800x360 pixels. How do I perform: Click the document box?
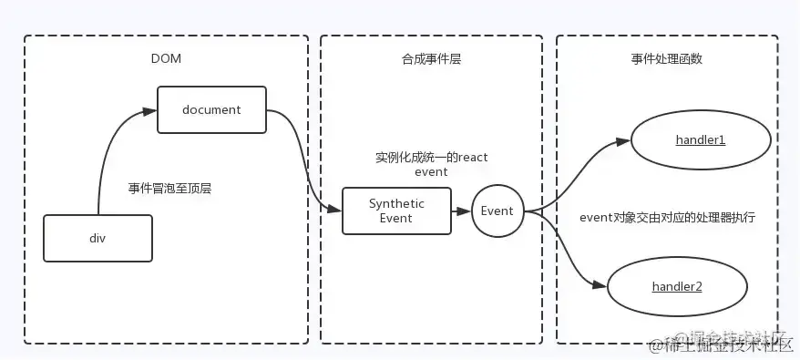211,109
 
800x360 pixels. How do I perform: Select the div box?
97,237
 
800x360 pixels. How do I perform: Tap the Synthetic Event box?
396,211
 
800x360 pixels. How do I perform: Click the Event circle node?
497,211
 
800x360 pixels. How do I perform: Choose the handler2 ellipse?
676,286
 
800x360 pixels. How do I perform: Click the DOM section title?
166,58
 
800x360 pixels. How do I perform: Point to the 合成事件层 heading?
432,58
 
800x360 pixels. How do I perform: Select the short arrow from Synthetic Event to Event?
460,211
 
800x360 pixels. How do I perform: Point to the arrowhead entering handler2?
600,285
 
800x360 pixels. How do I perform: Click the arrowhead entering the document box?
150,110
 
